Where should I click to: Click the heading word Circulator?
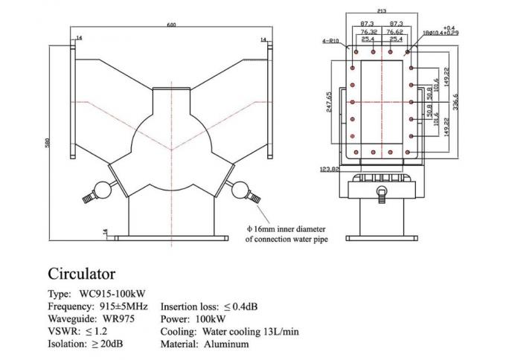(x=82, y=274)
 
